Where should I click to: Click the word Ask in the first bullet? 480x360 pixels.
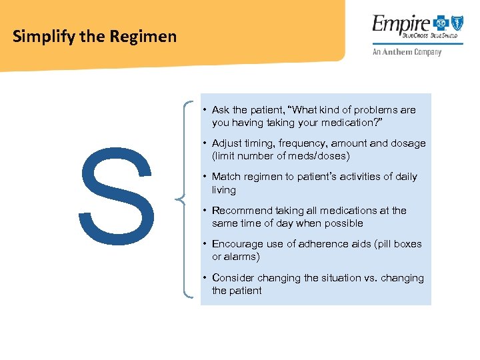tap(222, 110)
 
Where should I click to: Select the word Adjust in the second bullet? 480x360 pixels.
tap(227, 143)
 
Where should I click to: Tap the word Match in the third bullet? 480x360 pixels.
tap(227, 177)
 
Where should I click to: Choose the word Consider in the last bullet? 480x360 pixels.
tap(234, 278)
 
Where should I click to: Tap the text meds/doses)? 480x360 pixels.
tap(319, 156)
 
